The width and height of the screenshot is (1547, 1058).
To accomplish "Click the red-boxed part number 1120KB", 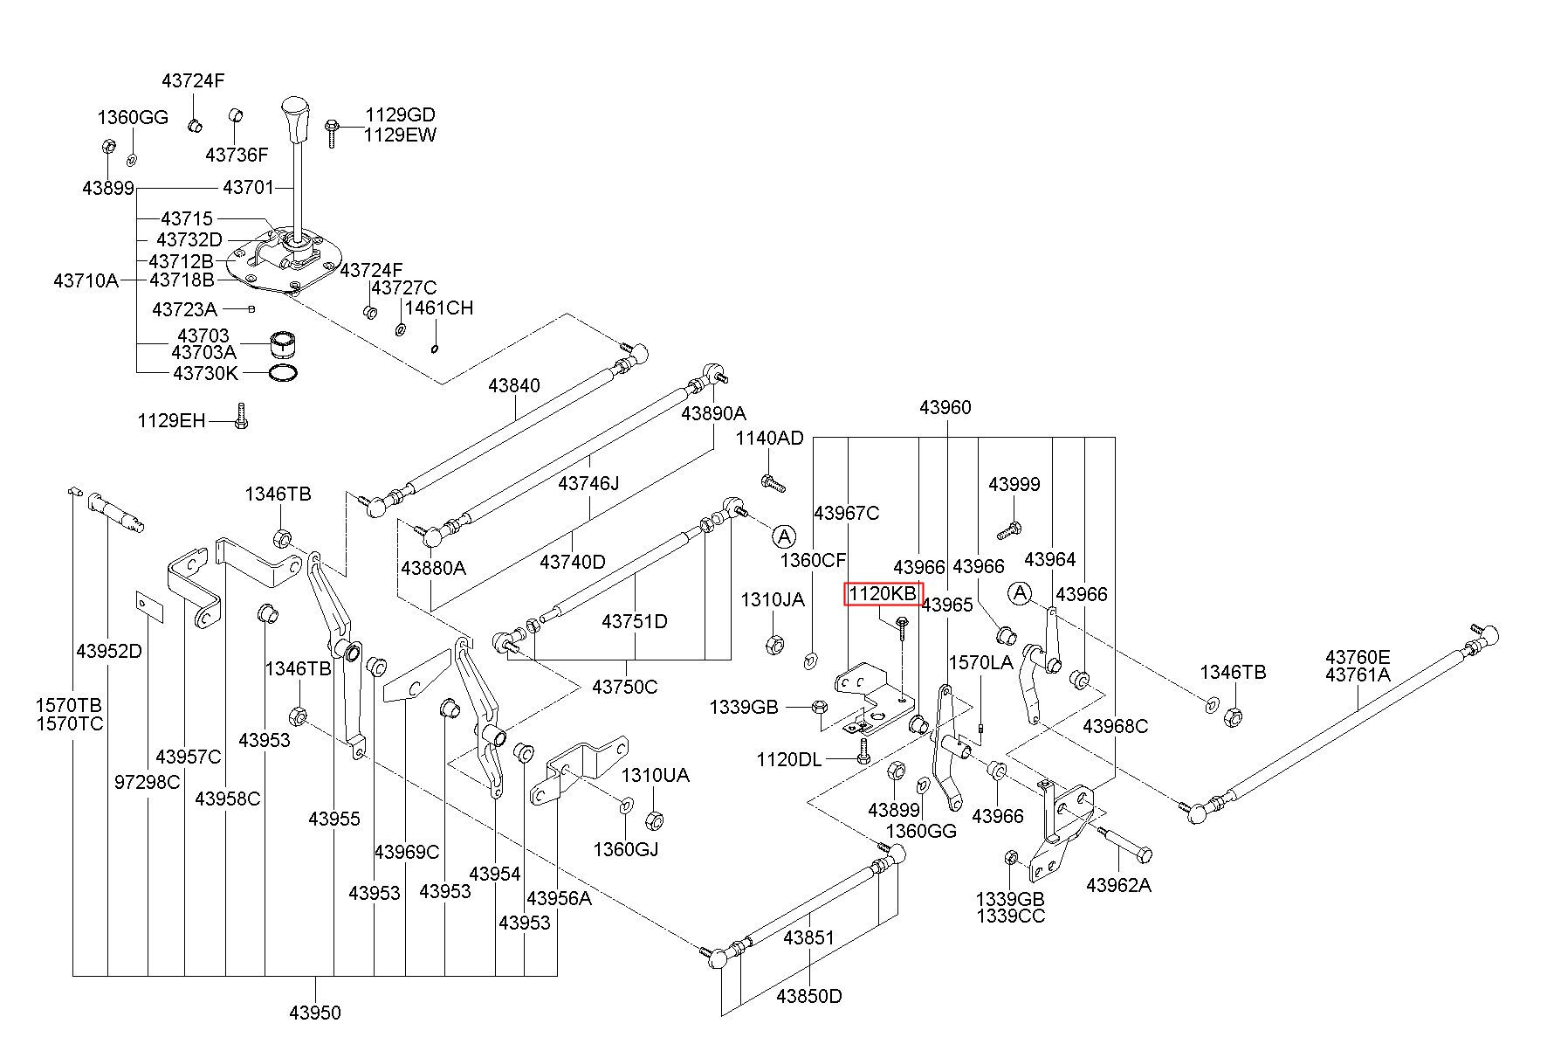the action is [884, 594].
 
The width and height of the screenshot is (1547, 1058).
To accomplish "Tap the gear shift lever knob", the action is [295, 121].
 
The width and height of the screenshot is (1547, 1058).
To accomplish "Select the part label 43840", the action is [514, 385].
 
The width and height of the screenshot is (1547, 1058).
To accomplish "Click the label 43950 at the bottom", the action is [315, 1013].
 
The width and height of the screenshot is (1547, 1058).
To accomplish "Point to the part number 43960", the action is [945, 407].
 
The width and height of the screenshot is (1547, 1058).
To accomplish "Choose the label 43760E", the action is [1358, 657].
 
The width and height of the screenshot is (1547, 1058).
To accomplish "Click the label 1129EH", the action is [171, 421].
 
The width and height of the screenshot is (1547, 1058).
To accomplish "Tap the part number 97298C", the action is [147, 782].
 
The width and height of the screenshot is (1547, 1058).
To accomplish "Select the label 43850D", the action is [809, 996].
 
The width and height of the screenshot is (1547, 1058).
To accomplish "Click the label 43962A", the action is [1118, 886].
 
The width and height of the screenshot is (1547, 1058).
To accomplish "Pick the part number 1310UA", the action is [655, 776].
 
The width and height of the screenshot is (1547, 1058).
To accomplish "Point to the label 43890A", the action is [713, 413].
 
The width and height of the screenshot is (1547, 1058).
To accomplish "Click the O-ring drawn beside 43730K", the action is [281, 374].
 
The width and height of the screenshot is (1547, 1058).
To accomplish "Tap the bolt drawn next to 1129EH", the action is [242, 416].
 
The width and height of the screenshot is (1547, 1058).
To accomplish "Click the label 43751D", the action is [634, 622].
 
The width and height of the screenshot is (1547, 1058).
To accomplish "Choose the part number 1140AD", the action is [769, 438].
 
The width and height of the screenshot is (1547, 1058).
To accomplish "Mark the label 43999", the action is [1014, 484].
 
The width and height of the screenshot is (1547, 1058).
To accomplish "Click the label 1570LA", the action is [981, 663].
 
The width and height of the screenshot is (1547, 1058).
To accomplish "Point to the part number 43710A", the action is [86, 280].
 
